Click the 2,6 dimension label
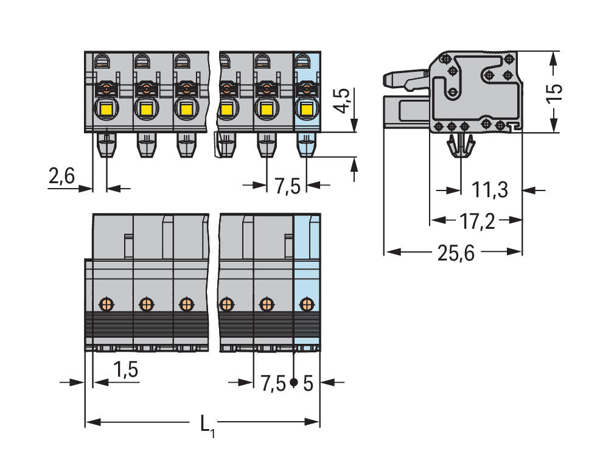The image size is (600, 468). coord(61,176)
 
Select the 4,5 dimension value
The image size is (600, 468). coord(343,101)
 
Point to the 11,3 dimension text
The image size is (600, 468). coord(490,190)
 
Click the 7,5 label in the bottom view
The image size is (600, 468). coord(273,384)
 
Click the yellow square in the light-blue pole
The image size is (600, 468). coord(305,110)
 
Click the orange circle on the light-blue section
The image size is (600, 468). coord(307,302)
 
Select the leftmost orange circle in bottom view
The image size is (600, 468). coord(106,302)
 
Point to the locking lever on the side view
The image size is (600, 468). coord(405,77)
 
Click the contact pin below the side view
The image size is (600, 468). coord(460,146)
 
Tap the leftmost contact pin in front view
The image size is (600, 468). coord(106,145)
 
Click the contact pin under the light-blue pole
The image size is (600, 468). coord(305,145)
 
